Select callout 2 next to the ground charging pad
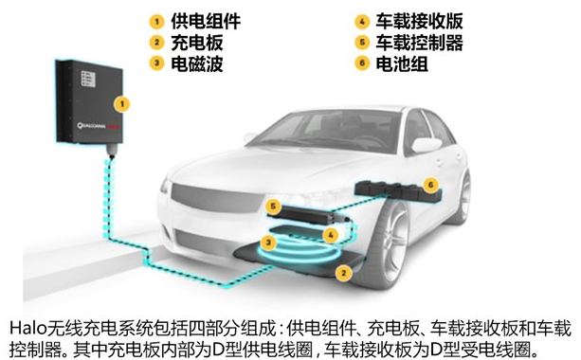tap(345, 272)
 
